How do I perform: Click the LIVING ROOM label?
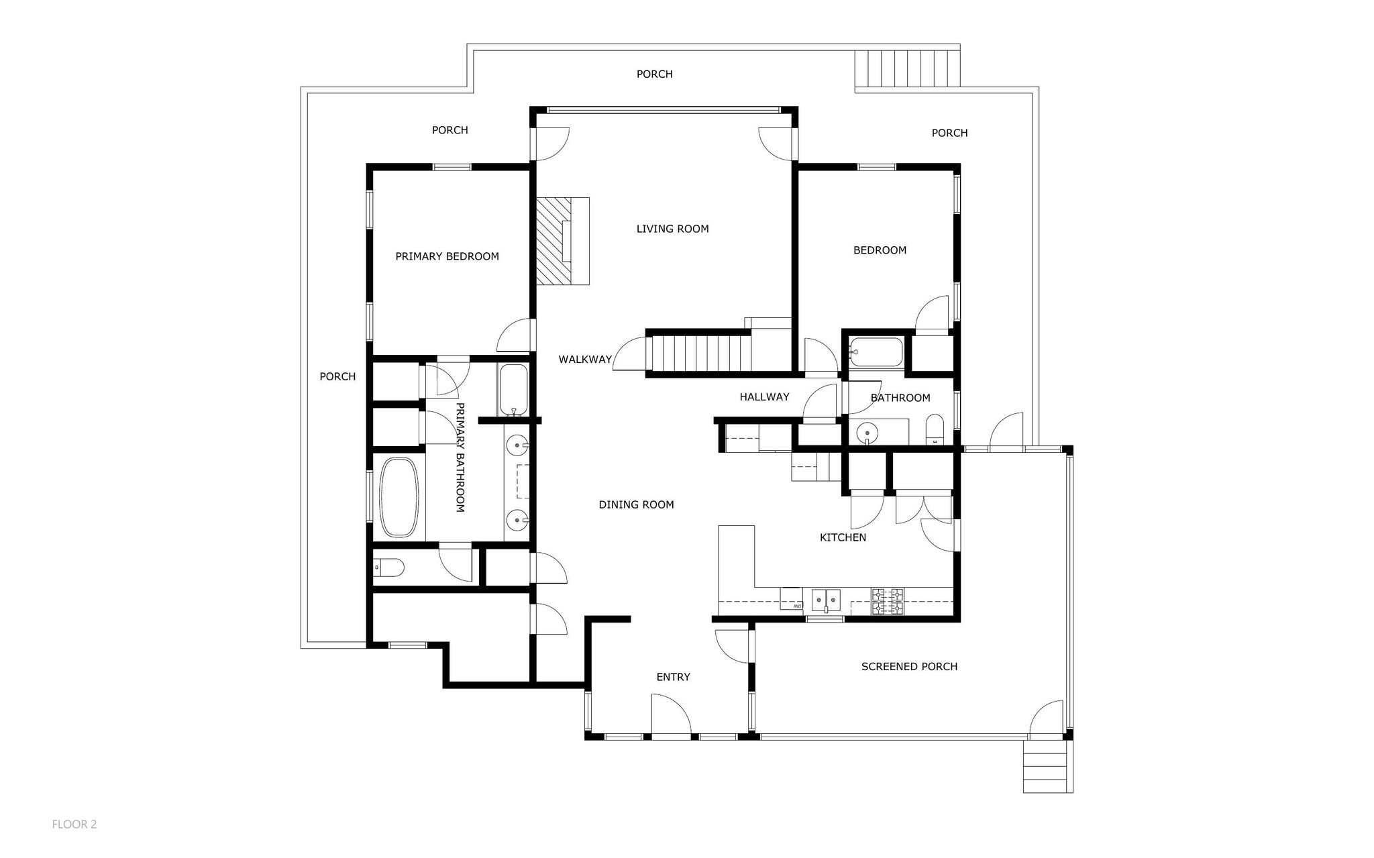point(672,229)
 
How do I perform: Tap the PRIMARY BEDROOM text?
point(447,256)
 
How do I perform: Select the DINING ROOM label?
point(636,504)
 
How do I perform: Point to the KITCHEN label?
point(843,537)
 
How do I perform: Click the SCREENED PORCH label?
point(909,666)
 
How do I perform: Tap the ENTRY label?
point(673,677)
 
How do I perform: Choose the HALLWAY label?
point(764,396)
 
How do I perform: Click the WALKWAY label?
point(585,360)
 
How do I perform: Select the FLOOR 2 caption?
point(74,824)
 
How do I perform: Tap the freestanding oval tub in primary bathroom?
point(399,497)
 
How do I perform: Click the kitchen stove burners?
point(887,602)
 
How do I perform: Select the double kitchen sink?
point(826,598)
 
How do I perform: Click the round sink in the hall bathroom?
point(868,432)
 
